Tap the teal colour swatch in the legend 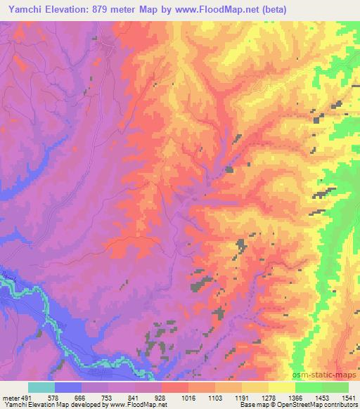pyautogui.click(x=41, y=387)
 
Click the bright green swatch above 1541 pyautogui.click(x=335, y=387)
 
